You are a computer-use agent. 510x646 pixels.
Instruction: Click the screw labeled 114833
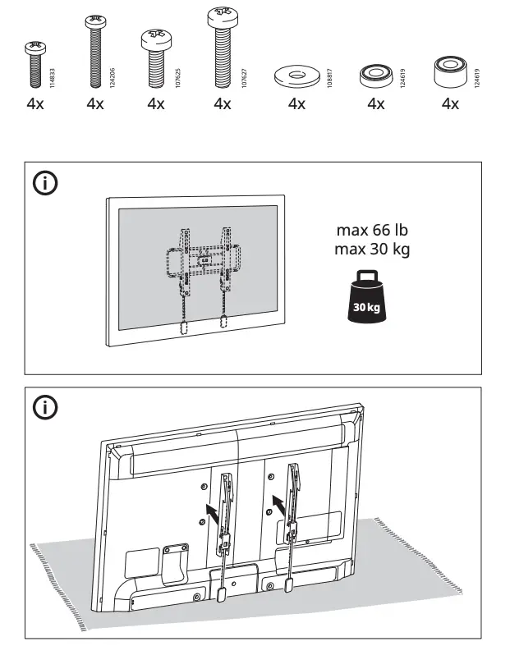pos(35,63)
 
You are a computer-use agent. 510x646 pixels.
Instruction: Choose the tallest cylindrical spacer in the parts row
pos(450,73)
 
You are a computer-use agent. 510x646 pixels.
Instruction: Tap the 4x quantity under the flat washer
pos(296,104)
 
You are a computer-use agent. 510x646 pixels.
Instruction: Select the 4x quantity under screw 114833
pos(35,104)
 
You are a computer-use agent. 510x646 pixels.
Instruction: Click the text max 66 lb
pos(371,231)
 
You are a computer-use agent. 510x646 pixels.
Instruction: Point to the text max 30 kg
pos(371,249)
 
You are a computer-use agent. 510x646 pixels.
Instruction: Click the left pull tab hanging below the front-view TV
pos(185,327)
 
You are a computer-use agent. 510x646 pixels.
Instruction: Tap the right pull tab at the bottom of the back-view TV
pos(289,586)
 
